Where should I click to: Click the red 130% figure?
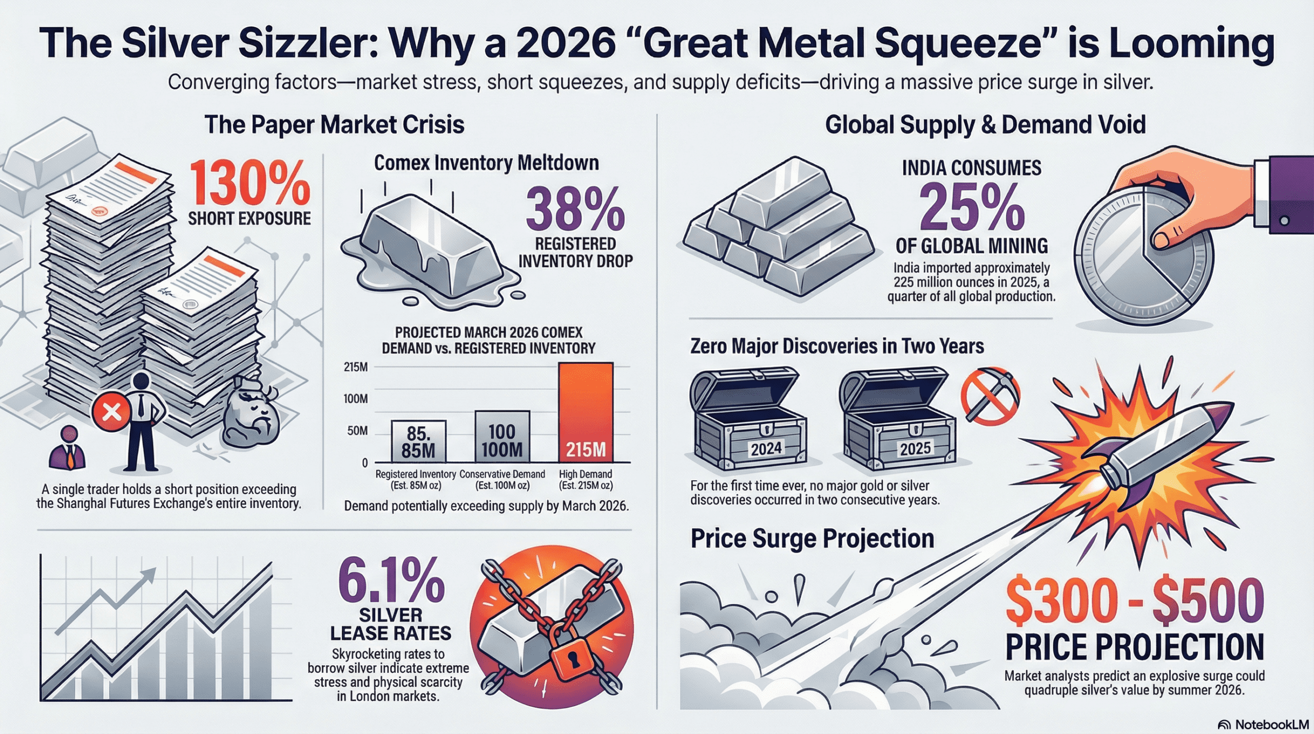coord(250,183)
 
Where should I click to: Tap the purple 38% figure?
coord(575,210)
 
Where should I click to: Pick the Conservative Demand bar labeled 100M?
coord(502,437)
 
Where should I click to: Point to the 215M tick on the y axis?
coord(356,367)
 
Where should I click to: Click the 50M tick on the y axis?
coord(357,430)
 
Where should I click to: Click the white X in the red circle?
coord(111,412)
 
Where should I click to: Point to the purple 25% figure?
coord(972,208)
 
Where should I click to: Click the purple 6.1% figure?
coord(391,580)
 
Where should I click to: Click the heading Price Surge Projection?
coord(812,539)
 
